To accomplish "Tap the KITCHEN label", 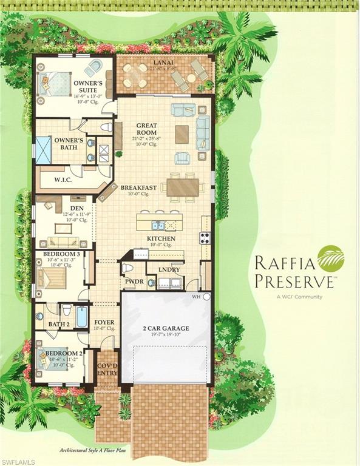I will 161,239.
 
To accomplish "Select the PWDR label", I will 134,282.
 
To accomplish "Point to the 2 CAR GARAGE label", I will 166,328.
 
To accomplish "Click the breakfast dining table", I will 183,187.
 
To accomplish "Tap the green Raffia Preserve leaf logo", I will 330,258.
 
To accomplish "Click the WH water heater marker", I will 196,297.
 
